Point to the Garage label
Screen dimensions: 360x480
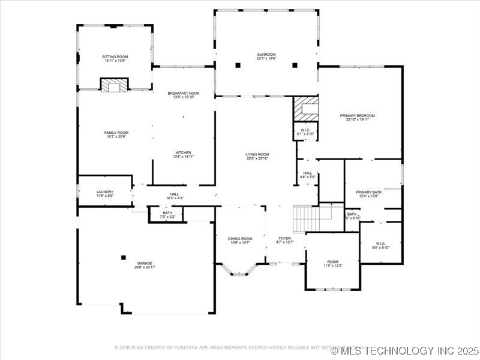pos(145,265)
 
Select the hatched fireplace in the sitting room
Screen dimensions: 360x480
pos(114,85)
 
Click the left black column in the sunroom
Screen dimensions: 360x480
pos(238,65)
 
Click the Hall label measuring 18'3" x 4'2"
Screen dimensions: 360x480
pos(174,196)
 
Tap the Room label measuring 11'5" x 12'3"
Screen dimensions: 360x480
pos(332,263)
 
